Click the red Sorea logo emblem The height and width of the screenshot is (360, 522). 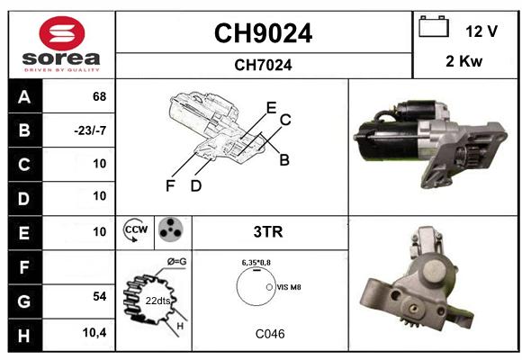click(x=62, y=33)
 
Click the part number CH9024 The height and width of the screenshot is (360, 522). click(x=263, y=33)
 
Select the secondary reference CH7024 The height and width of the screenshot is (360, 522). click(x=263, y=65)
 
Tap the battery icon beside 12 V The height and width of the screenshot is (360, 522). click(x=434, y=26)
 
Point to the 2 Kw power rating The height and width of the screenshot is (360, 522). click(x=463, y=61)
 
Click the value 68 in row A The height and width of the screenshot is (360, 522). click(x=100, y=96)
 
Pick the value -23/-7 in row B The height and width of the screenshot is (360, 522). click(x=90, y=130)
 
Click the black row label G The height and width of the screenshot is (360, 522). click(x=25, y=301)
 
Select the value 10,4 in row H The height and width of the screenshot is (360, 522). click(x=94, y=332)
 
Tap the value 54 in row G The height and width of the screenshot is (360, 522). click(x=100, y=296)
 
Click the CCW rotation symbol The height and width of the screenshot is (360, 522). click(x=135, y=230)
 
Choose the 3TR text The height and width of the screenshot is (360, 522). click(x=268, y=232)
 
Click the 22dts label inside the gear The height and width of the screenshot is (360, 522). click(x=157, y=301)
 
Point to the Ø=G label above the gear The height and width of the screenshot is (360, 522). click(x=176, y=262)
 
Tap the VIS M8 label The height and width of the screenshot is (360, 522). click(x=289, y=287)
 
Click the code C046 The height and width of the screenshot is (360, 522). click(x=270, y=334)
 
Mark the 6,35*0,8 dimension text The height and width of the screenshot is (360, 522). click(x=256, y=263)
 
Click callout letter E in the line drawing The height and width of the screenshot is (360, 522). click(x=271, y=108)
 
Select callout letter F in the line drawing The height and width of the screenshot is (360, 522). click(x=170, y=185)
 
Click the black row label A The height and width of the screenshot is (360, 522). click(x=25, y=96)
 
